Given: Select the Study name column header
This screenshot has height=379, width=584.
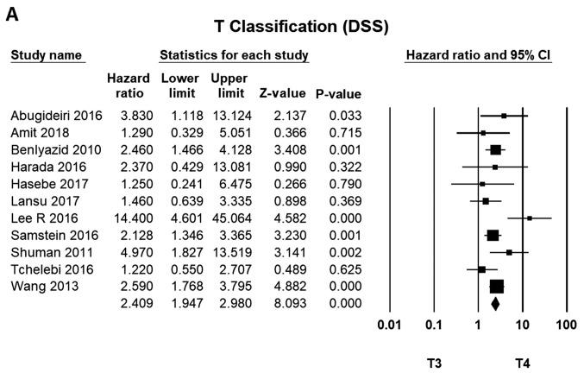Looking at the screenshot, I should tap(46, 56).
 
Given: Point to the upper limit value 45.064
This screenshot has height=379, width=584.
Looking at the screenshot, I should tap(229, 218).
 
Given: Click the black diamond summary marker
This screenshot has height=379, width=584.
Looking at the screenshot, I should tap(495, 303).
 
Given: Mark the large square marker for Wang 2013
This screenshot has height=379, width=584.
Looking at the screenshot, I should tap(497, 286).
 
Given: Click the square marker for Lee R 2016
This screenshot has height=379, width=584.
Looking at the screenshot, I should tap(529, 218).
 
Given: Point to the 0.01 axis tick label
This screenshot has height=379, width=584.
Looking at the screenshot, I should tap(390, 325).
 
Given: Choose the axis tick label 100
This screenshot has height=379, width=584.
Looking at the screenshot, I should tap(566, 325).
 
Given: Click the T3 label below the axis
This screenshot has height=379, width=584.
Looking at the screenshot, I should tap(435, 363).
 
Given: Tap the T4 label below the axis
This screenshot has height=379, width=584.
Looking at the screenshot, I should tap(523, 363).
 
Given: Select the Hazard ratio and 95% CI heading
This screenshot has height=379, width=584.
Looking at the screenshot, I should tap(479, 56).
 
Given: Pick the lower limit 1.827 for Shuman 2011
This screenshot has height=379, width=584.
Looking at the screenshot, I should tap(179, 252).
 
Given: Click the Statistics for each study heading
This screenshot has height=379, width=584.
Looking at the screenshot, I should tap(234, 56).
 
